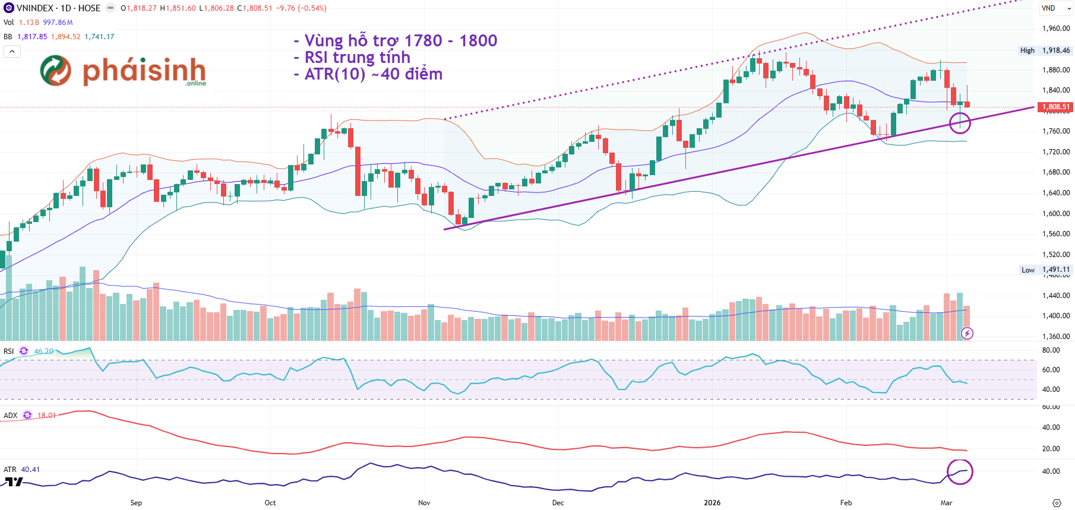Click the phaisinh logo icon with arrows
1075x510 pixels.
coord(55,71)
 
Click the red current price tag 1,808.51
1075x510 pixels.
coord(1055,107)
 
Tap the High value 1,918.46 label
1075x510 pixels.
coord(1055,50)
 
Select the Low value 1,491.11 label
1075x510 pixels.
coord(1055,270)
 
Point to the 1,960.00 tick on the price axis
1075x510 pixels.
coord(1055,28)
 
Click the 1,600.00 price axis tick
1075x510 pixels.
coord(1055,213)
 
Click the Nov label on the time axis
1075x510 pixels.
coord(424,502)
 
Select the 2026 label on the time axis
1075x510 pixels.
coord(712,502)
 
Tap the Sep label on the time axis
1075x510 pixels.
coord(136,502)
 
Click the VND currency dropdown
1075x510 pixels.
coord(1055,8)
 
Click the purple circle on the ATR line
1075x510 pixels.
coord(960,472)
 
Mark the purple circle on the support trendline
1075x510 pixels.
coord(960,123)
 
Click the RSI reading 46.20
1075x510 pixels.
coord(43,351)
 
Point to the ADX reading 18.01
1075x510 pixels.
coord(47,416)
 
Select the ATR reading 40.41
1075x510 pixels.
coord(30,470)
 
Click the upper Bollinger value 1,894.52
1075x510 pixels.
coord(65,37)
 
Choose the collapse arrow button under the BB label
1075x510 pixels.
coord(12,51)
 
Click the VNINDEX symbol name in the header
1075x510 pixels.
coord(35,8)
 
